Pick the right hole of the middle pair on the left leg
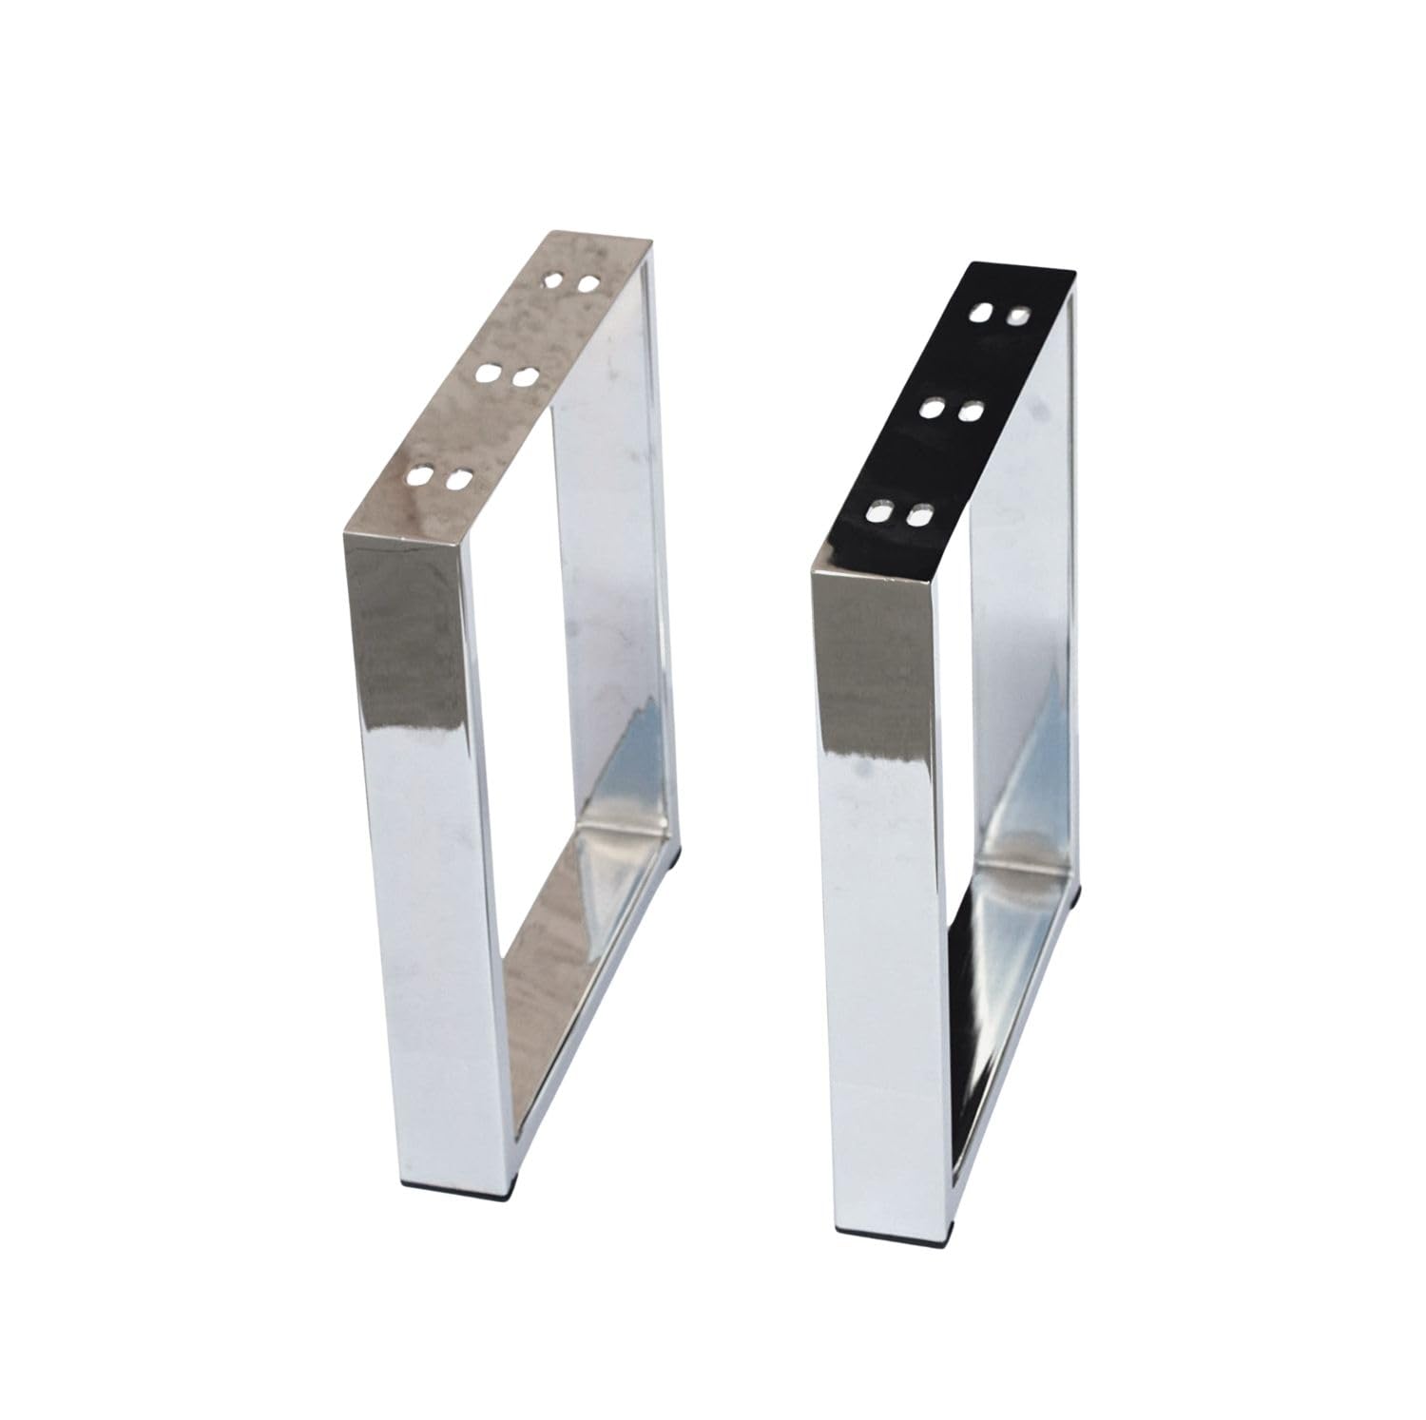(x=524, y=377)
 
